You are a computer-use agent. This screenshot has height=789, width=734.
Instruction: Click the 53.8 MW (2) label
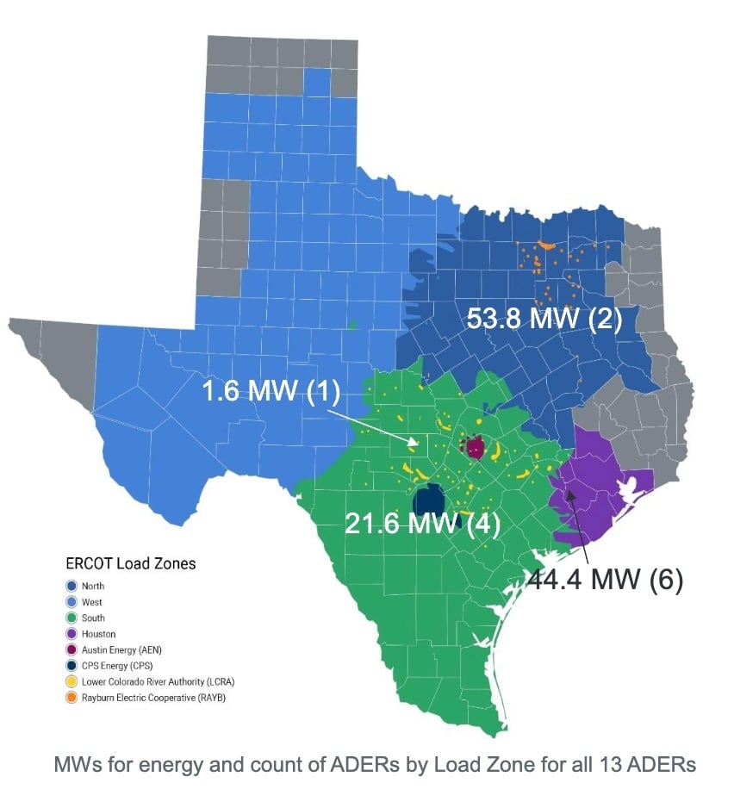tap(544, 319)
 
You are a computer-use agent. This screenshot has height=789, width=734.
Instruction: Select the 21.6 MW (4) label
tap(423, 523)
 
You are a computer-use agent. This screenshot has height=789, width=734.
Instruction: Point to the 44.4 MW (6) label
tap(605, 580)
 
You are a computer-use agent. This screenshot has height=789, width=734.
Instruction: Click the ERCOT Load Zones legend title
tap(131, 564)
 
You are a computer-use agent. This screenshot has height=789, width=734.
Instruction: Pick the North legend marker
tap(72, 587)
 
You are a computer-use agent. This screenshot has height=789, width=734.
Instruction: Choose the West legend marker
tap(72, 602)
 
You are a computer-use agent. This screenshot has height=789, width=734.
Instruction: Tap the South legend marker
tap(72, 618)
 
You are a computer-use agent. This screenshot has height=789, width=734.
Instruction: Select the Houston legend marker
tap(72, 634)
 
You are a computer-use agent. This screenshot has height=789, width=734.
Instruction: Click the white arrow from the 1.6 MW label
tap(370, 426)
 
